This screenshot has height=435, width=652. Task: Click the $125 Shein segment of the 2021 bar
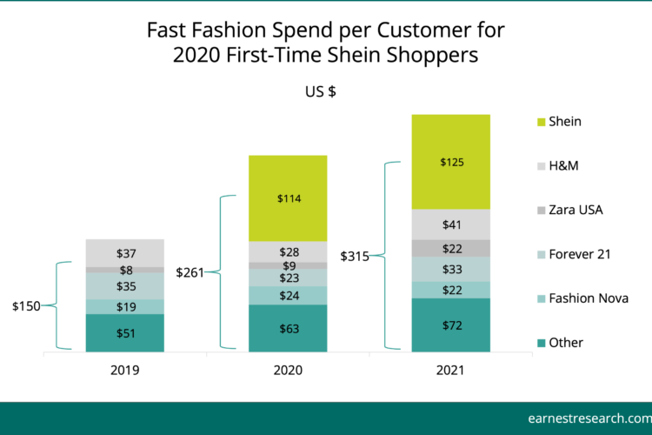coord(450,162)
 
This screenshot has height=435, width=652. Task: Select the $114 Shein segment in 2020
coord(288,198)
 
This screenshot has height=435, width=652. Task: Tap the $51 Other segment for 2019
coord(124,333)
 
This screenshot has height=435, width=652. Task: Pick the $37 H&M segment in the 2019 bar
coord(124,253)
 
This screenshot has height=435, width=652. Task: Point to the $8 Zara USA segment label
coord(126,271)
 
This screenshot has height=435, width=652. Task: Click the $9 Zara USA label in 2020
coord(289,265)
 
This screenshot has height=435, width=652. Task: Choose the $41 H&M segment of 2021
coord(450,224)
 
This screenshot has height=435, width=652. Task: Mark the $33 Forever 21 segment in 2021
coord(450,270)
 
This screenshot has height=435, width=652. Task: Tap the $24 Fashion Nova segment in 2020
coord(288,296)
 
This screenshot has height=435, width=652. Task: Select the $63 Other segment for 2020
coord(288,329)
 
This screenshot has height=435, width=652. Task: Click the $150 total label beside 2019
coord(26,306)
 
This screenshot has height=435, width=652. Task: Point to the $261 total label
coord(190,272)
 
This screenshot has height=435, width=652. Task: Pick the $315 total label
coord(355,256)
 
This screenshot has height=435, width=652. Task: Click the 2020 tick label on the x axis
coord(288,370)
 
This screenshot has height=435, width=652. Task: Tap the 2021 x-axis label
coord(450,370)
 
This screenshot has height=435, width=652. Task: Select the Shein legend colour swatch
coord(541,122)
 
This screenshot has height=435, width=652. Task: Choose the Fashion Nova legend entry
coord(583,298)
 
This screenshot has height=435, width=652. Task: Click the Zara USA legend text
coord(575,210)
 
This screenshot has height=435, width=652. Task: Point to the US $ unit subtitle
coord(320,91)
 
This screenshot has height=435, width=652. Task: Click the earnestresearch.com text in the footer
coord(590,418)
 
